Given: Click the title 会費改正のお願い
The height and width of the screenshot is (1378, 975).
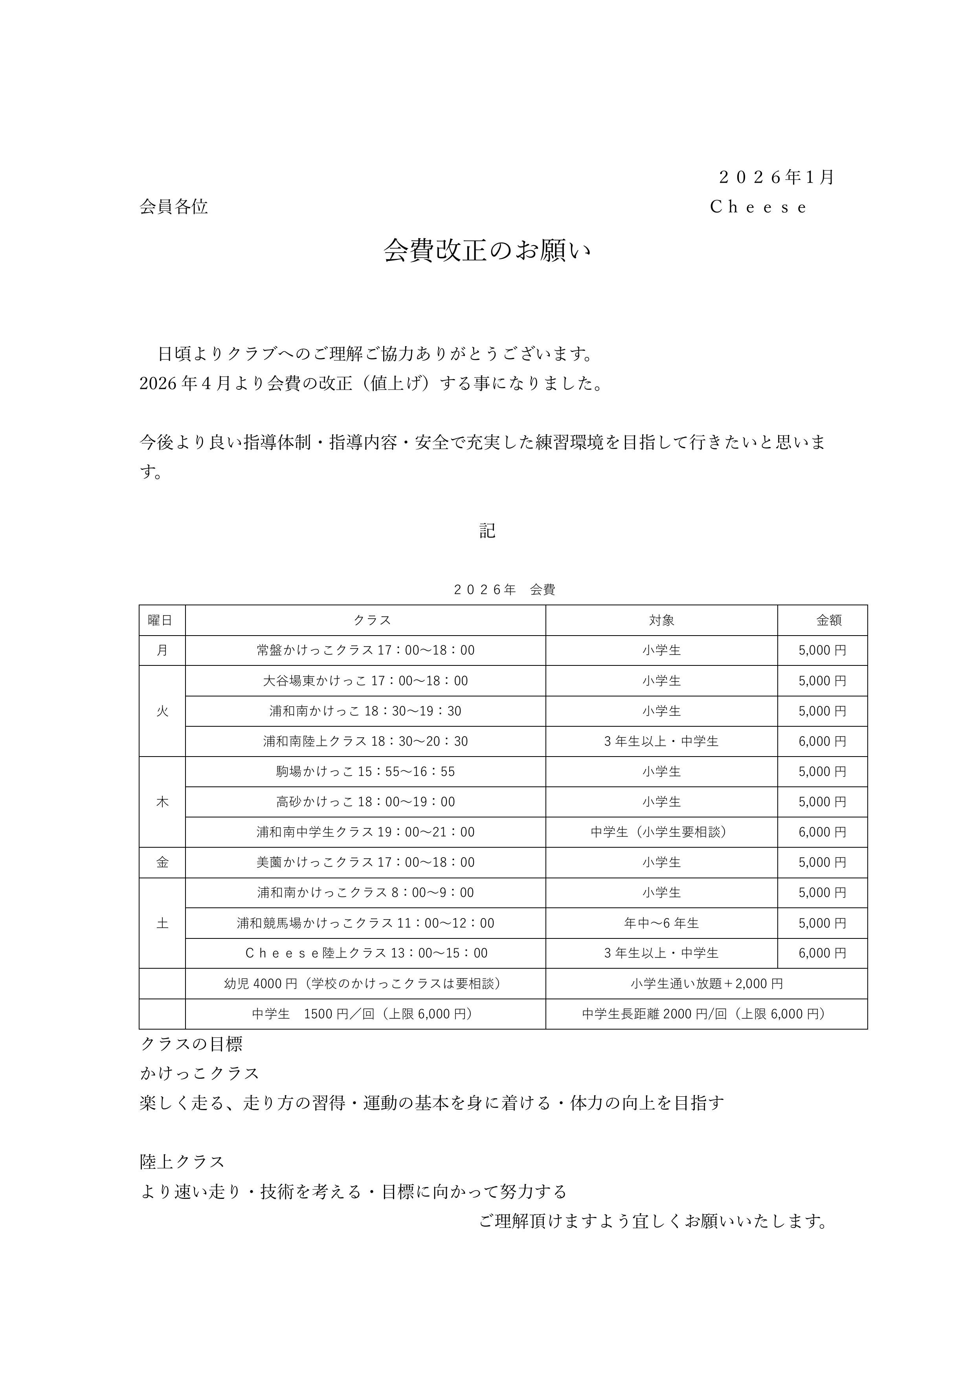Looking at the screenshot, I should point(487,251).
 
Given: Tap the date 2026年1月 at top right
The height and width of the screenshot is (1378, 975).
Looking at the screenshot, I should point(776,177).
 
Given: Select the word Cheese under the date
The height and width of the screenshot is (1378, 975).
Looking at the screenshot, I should point(758,207).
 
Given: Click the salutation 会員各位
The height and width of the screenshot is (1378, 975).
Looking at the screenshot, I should point(174,207).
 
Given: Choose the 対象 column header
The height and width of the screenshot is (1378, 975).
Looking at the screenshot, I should point(662,620).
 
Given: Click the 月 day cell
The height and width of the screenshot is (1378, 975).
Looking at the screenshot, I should point(162,650).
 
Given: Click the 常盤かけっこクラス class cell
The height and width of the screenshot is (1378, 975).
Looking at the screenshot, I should point(365,650).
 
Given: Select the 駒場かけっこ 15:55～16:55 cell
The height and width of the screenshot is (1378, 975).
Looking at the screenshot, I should point(365,771).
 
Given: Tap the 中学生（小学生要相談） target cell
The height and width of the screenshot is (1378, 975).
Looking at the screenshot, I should point(662,832).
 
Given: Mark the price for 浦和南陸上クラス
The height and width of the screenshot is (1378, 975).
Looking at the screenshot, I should point(823,741).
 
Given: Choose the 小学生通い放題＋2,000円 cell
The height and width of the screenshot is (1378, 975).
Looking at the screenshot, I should point(707,984).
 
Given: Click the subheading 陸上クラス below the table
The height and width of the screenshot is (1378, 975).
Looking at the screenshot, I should point(182,1162).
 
